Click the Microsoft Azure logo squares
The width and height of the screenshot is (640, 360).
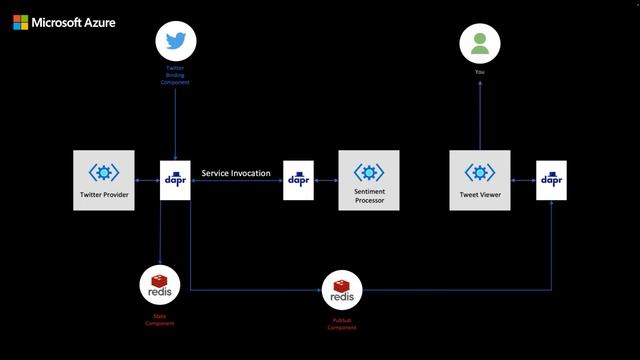click(x=20, y=21)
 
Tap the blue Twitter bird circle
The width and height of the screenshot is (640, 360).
click(x=176, y=42)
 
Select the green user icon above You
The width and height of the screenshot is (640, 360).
click(x=479, y=43)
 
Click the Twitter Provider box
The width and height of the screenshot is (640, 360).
click(x=104, y=180)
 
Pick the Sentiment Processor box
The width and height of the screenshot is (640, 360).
click(x=369, y=180)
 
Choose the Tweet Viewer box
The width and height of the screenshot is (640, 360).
click(x=479, y=180)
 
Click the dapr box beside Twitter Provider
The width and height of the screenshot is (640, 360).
click(x=175, y=180)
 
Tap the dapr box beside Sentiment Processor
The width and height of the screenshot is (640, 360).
click(x=298, y=180)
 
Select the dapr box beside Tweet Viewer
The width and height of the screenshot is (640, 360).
click(x=551, y=180)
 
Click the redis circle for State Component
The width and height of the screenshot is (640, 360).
click(x=159, y=284)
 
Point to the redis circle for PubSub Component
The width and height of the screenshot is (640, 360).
click(x=341, y=291)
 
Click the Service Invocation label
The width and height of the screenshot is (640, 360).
click(x=236, y=173)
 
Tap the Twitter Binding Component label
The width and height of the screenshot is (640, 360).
click(x=175, y=75)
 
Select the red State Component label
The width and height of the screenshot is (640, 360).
click(x=159, y=320)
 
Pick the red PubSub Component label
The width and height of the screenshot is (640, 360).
click(x=341, y=324)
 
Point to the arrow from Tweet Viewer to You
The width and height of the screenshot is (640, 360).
click(x=479, y=115)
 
